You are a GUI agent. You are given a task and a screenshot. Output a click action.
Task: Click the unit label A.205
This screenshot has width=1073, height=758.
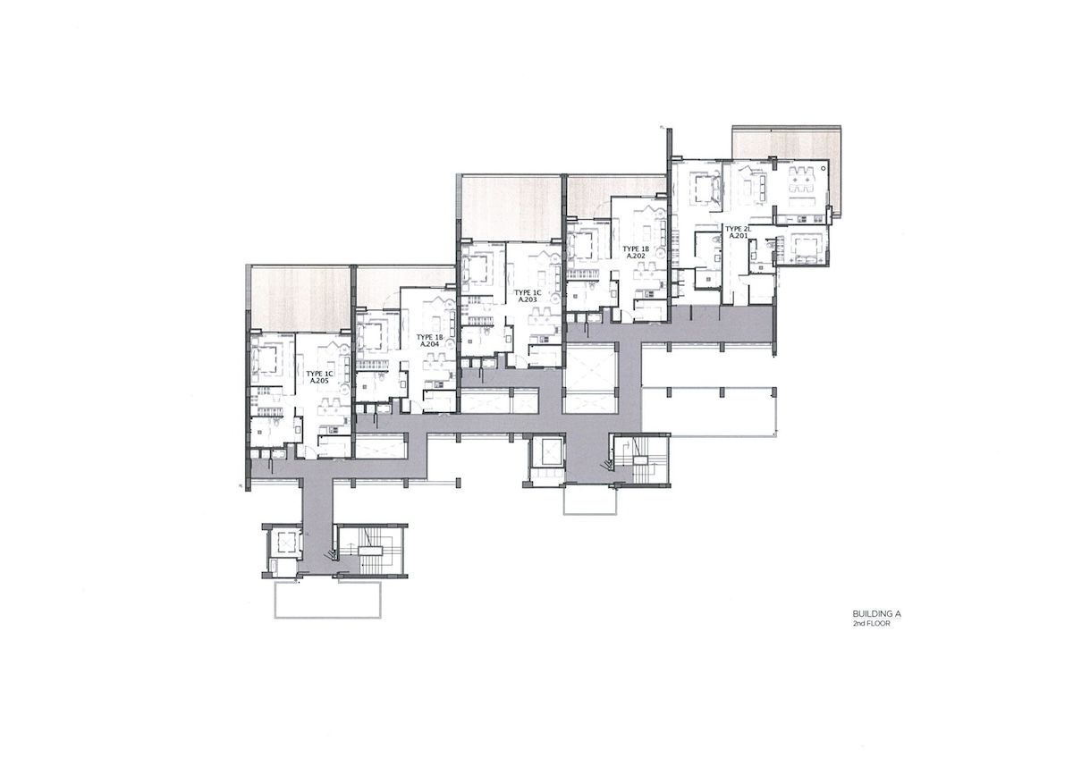(320, 381)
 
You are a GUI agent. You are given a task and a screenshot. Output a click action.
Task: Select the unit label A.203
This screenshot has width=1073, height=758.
(527, 299)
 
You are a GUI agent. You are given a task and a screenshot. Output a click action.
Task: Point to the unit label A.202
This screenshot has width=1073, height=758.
(636, 256)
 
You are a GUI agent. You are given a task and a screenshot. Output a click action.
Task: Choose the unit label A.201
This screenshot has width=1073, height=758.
(739, 236)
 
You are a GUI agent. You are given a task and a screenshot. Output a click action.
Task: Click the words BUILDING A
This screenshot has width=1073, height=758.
(875, 614)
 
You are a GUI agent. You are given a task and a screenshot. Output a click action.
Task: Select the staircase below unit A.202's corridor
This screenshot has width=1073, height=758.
(643, 458)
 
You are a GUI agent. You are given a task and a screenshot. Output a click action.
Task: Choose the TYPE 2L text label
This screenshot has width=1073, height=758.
(739, 228)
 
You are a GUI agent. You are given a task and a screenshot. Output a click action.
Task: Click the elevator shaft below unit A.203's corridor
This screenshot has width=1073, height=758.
(545, 454)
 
